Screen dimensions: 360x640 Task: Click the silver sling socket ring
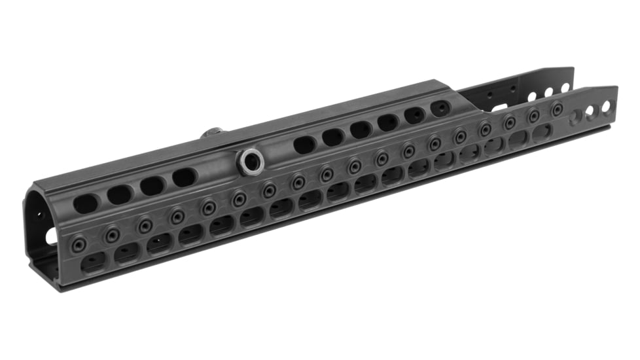251,162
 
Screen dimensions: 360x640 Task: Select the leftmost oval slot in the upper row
86,204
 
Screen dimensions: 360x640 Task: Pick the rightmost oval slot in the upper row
440,109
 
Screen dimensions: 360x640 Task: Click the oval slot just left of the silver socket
185,177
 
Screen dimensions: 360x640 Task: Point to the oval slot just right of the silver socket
304,145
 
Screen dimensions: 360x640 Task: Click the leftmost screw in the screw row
80,243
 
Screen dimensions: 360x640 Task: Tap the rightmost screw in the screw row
557,110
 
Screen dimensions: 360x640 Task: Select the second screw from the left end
113,234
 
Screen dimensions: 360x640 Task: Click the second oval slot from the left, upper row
120,194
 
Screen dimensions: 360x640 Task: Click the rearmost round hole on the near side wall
606,107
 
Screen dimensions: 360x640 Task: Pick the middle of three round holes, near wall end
591,111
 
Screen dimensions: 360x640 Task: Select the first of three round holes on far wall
532,97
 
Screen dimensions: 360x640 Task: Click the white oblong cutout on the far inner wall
499,107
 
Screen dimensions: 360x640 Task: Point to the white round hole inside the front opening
51,236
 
